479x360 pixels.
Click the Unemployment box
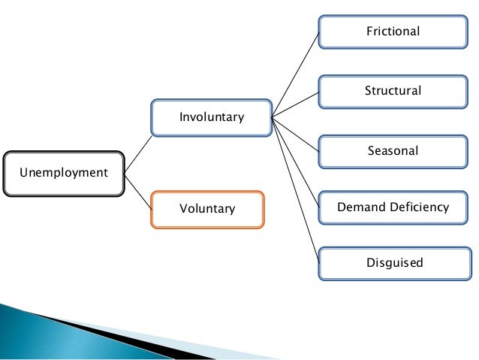click(63, 174)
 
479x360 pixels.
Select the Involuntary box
click(211, 117)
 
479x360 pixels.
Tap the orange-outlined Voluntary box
click(207, 209)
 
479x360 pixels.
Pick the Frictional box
click(393, 32)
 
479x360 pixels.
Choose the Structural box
click(393, 92)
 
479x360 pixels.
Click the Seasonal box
click(393, 150)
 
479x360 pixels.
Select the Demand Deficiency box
click(393, 207)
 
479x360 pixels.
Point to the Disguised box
click(393, 263)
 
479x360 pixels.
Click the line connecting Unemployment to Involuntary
click(138, 154)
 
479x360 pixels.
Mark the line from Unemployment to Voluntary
click(138, 190)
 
